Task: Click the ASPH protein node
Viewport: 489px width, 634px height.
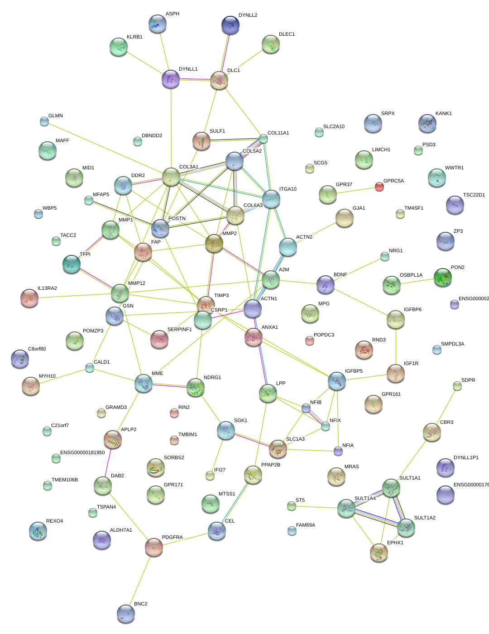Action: point(158,24)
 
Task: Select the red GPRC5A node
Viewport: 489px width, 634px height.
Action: point(379,187)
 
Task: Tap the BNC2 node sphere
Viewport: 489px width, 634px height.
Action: point(126,614)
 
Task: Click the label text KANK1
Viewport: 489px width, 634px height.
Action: point(443,114)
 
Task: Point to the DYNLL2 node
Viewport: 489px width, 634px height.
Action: point(230,25)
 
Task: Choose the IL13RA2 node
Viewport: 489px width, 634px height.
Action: point(29,298)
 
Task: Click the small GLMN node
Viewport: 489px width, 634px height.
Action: point(44,121)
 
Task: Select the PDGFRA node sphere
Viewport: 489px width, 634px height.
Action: point(154,547)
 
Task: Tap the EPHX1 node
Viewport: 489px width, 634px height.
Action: point(379,552)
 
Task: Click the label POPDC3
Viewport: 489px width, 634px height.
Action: point(324,335)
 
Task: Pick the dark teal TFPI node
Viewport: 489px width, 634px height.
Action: point(71,264)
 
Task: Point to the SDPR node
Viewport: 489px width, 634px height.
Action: point(457,386)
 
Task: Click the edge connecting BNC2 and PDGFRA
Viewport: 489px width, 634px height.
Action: point(140,580)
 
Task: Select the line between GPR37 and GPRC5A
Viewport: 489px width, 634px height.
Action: point(354,191)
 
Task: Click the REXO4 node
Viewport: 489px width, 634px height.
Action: point(38,531)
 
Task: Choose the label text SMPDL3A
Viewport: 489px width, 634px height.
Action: point(452,344)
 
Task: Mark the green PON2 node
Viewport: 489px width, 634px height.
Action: point(442,277)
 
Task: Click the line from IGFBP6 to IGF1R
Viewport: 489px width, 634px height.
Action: point(396,346)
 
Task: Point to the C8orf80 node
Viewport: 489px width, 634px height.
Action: point(19,359)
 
